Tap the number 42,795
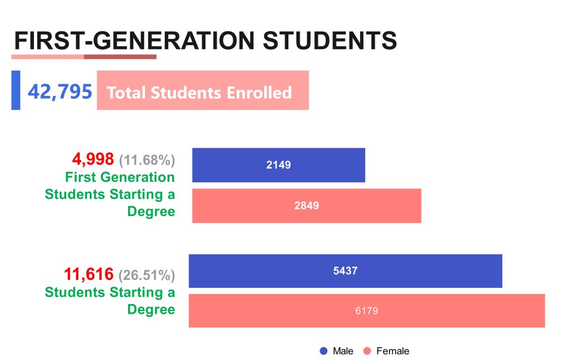pyautogui.click(x=60, y=91)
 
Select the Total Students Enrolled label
pyautogui.click(x=199, y=93)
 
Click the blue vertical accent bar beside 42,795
pyautogui.click(x=16, y=90)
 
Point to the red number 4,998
pyautogui.click(x=93, y=159)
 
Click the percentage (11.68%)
pyautogui.click(x=147, y=160)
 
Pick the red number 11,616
pyautogui.click(x=89, y=275)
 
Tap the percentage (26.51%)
pyautogui.click(x=147, y=275)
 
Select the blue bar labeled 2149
pyautogui.click(x=278, y=165)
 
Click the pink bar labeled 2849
pyautogui.click(x=306, y=205)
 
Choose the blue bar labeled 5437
pyautogui.click(x=345, y=271)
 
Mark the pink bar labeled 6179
pyautogui.click(x=366, y=310)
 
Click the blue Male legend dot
pyautogui.click(x=324, y=351)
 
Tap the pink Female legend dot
pyautogui.click(x=367, y=351)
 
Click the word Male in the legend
pyautogui.click(x=343, y=351)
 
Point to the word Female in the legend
pyautogui.click(x=393, y=351)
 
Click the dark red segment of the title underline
pyautogui.click(x=120, y=56)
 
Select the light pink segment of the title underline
pyautogui.click(x=47, y=56)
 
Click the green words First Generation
pyautogui.click(x=120, y=177)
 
